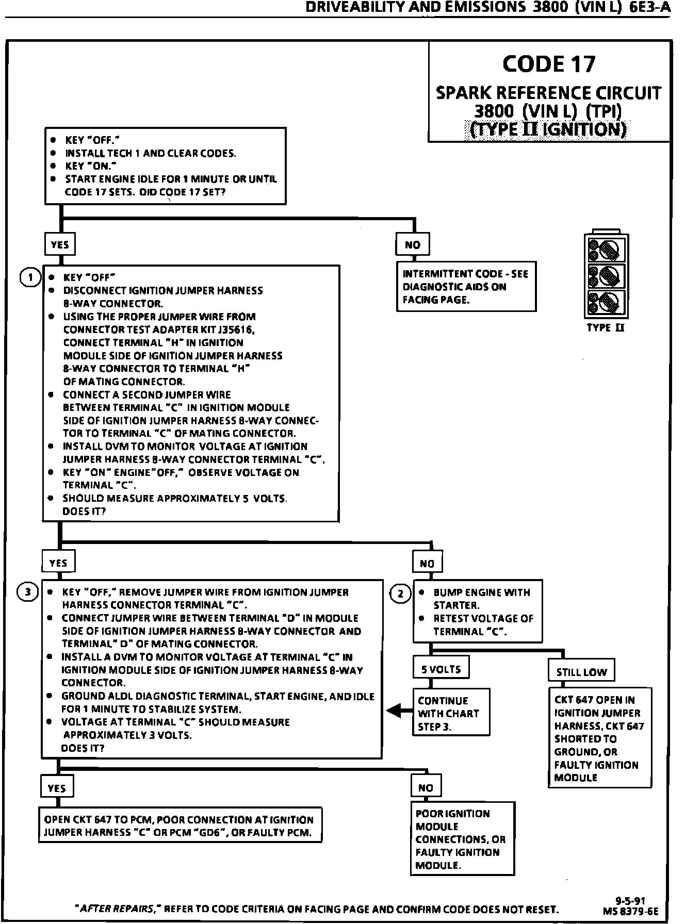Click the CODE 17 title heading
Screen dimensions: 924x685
pyautogui.click(x=548, y=64)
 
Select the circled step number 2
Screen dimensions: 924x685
pyautogui.click(x=401, y=593)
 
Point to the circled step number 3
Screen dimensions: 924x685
pyautogui.click(x=28, y=592)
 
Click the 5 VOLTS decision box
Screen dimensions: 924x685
pyautogui.click(x=441, y=669)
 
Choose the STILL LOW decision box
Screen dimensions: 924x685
pyautogui.click(x=581, y=672)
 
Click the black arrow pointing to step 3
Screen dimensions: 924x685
pyautogui.click(x=397, y=711)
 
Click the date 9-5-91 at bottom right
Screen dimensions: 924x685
pyautogui.click(x=630, y=901)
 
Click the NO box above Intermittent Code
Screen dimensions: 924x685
pyautogui.click(x=413, y=245)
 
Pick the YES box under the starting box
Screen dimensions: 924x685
pyautogui.click(x=60, y=244)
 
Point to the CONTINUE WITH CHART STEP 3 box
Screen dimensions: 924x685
pyautogui.click(x=450, y=714)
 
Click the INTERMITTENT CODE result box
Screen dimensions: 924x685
pyautogui.click(x=466, y=287)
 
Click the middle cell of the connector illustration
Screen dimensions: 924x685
pyautogui.click(x=607, y=276)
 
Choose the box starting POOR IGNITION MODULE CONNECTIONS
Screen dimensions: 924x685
pyautogui.click(x=462, y=839)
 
